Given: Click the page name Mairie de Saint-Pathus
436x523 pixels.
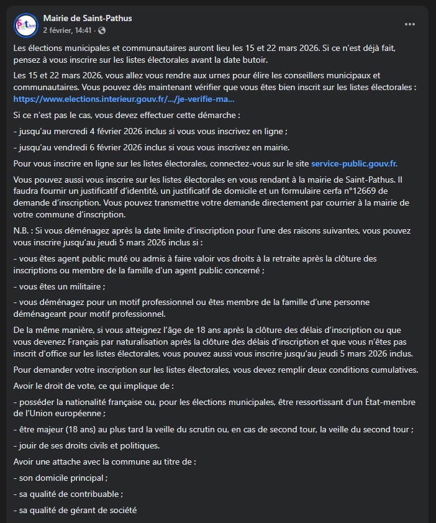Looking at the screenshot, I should click(x=88, y=19).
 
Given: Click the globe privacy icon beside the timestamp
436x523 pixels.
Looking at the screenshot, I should click(x=102, y=30).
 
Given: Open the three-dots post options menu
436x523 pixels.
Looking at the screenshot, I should click(x=410, y=24).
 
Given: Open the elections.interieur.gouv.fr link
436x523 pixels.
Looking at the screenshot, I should click(x=124, y=99).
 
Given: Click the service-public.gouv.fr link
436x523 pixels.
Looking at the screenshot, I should click(x=354, y=164).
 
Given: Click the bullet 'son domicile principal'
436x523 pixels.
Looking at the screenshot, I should click(x=61, y=478).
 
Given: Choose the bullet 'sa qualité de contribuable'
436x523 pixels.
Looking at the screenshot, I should click(x=69, y=494).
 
